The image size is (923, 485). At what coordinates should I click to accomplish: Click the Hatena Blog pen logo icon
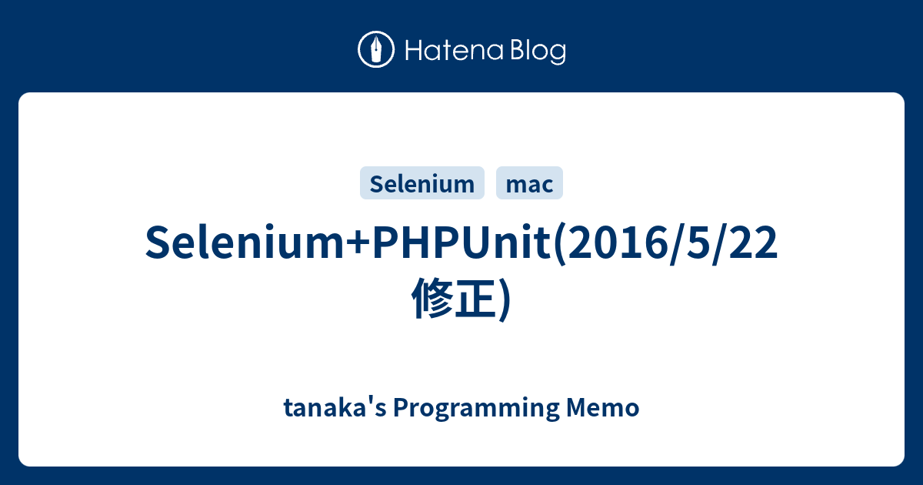pos(376,50)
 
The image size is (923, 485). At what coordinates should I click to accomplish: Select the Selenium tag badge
pos(422,183)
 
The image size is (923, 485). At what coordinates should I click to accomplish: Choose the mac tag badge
pos(530,183)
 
